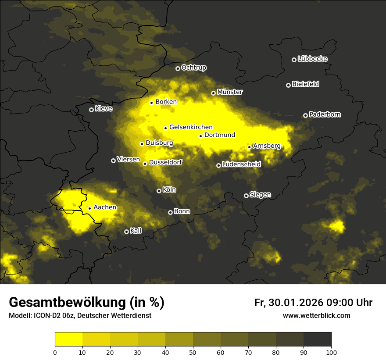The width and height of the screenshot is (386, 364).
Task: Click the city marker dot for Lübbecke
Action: pos(294,60)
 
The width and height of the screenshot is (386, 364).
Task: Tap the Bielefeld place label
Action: pos(305,84)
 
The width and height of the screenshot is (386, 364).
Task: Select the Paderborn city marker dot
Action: pos(306,115)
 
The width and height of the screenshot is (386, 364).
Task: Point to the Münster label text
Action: pos(229,92)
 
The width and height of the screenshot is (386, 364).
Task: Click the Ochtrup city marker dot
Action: pos(178,68)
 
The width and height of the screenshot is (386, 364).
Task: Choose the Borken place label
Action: pos(166,102)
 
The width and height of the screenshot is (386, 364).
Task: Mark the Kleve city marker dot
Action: pos(91,110)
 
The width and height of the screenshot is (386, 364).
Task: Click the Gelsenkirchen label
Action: pos(191,127)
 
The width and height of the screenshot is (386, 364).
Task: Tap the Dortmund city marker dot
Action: pos(200,136)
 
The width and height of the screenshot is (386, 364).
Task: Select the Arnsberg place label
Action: pos(266,146)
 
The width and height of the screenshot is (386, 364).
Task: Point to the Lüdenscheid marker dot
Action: pos(218,165)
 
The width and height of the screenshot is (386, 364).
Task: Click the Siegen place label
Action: pos(260,195)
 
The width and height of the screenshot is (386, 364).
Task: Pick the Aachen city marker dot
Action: pos(89,208)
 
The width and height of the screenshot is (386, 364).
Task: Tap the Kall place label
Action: pos(136,231)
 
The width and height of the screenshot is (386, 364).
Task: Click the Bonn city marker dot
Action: pos(171,212)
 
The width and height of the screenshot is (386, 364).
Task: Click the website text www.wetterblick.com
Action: pos(316,315)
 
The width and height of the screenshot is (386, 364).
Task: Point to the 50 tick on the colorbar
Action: pos(193,352)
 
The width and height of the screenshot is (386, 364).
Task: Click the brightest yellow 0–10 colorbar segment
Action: pos(68,339)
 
